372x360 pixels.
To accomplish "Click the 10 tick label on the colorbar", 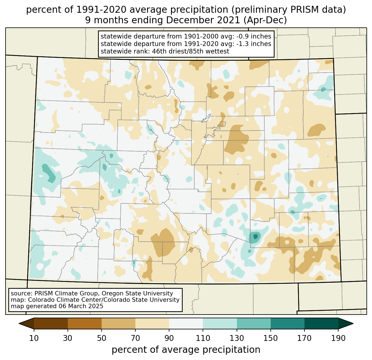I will [x=34, y=338].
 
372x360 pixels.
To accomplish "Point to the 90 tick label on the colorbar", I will [x=169, y=338].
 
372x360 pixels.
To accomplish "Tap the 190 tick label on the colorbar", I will [x=338, y=338].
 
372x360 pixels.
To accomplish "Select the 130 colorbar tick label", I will [x=237, y=338].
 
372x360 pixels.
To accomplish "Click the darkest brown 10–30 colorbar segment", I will [x=51, y=323].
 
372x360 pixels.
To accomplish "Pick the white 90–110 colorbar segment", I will [x=186, y=323].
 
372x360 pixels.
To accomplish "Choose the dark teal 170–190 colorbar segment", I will [x=321, y=323].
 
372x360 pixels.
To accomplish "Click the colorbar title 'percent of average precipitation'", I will [x=186, y=350].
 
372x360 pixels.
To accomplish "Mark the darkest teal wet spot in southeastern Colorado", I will [x=255, y=236].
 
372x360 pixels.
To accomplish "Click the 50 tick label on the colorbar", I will [x=102, y=338].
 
